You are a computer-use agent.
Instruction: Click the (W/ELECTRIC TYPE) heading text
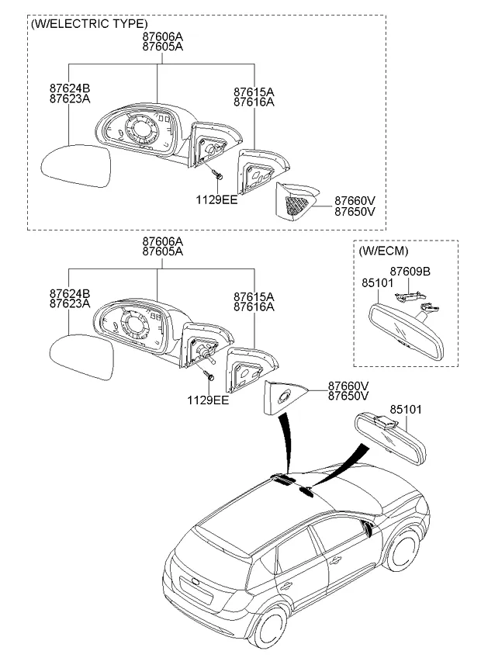click(88, 24)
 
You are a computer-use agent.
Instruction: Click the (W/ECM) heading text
click(383, 251)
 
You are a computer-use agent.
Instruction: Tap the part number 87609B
click(410, 271)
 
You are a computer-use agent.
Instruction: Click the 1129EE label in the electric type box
click(216, 199)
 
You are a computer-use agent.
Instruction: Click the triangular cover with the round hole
click(285, 397)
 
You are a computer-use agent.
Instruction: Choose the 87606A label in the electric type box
click(162, 36)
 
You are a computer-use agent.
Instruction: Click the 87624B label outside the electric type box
click(70, 293)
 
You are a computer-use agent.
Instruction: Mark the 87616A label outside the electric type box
click(254, 307)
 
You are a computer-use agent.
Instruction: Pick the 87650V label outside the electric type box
click(348, 396)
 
